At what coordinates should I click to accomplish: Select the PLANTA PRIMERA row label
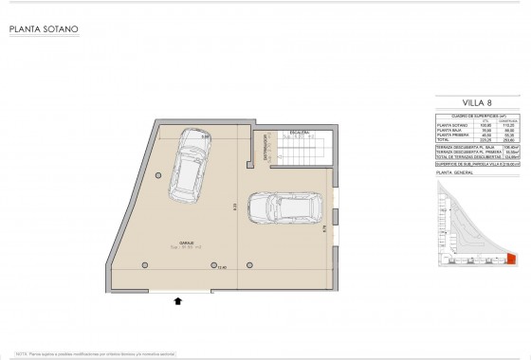450,134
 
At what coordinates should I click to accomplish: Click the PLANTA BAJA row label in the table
448,129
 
